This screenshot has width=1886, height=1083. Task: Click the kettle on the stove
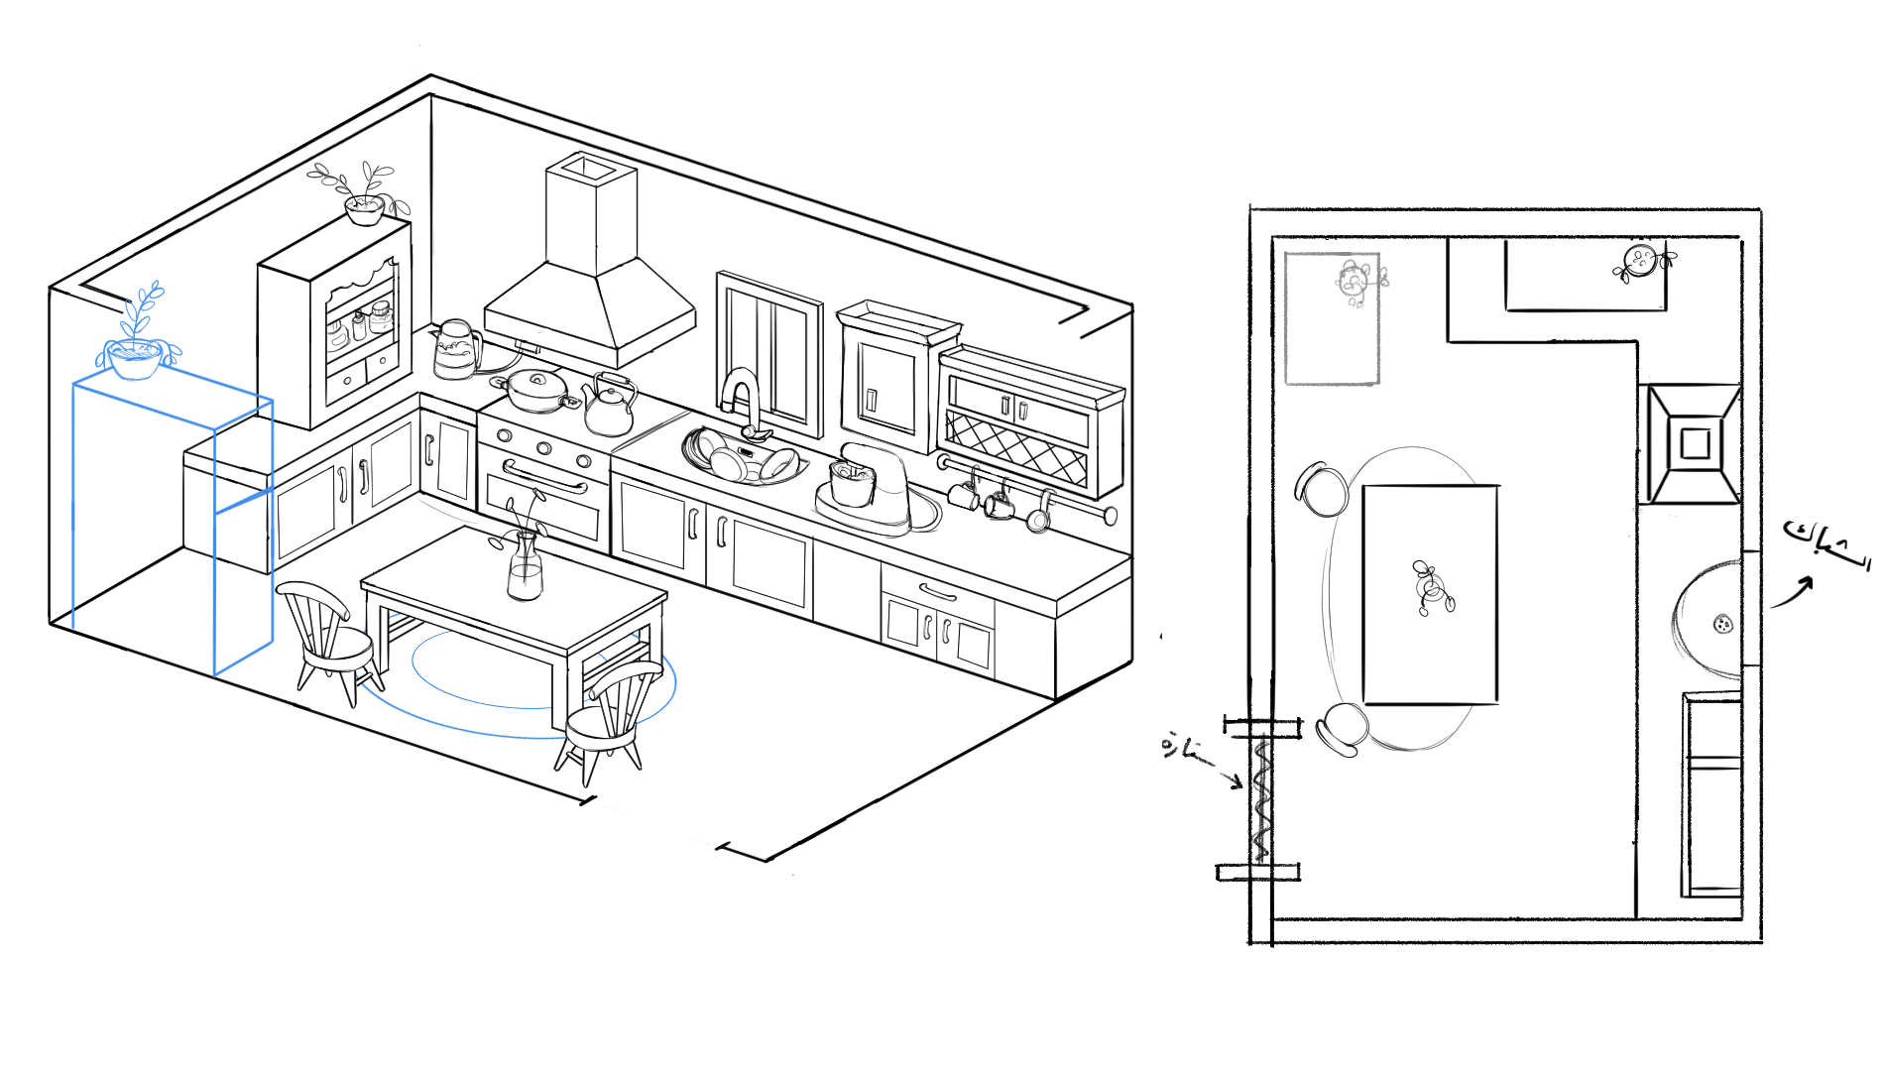(609, 407)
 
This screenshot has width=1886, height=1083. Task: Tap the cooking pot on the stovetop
(536, 390)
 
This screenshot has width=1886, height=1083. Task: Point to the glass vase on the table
(525, 566)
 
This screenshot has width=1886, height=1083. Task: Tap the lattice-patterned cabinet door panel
(1016, 445)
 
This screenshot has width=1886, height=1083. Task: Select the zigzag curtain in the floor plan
(1261, 798)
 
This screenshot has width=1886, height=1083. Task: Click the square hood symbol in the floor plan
(1694, 443)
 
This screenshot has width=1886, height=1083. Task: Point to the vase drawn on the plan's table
(1431, 588)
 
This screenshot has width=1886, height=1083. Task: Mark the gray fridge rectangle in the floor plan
(1331, 318)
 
